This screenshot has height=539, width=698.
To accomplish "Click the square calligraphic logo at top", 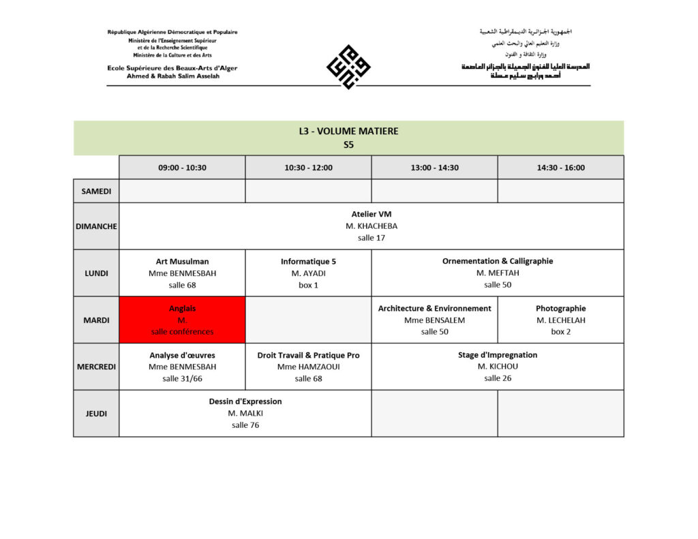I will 348,67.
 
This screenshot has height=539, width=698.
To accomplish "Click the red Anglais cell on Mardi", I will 182,320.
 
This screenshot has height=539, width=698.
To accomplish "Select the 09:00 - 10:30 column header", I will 182,168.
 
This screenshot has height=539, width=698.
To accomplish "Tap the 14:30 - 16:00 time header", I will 560,168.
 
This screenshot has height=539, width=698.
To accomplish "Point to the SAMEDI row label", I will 96,191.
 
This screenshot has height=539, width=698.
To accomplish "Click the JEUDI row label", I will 96,413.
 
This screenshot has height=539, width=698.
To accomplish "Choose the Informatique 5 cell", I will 308,273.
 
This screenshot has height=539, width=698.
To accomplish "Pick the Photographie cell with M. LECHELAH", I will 560,320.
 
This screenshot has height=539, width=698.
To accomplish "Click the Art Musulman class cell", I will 182,273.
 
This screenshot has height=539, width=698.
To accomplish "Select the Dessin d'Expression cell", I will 245,413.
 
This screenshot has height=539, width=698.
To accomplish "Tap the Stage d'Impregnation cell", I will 498,366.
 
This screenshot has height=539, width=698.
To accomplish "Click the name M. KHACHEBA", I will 371,226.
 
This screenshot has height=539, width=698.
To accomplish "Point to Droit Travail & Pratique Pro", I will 308,355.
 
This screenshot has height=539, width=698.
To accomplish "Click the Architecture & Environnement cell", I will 434,320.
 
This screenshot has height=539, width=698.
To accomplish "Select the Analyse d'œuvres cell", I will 182,366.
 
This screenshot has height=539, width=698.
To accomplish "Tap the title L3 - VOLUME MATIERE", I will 348,131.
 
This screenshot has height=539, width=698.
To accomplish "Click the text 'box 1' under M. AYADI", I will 308,285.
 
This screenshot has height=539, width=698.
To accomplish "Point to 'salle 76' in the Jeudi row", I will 245,425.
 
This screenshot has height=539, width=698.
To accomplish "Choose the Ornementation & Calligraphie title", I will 498,261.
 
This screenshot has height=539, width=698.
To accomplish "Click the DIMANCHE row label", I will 96,226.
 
